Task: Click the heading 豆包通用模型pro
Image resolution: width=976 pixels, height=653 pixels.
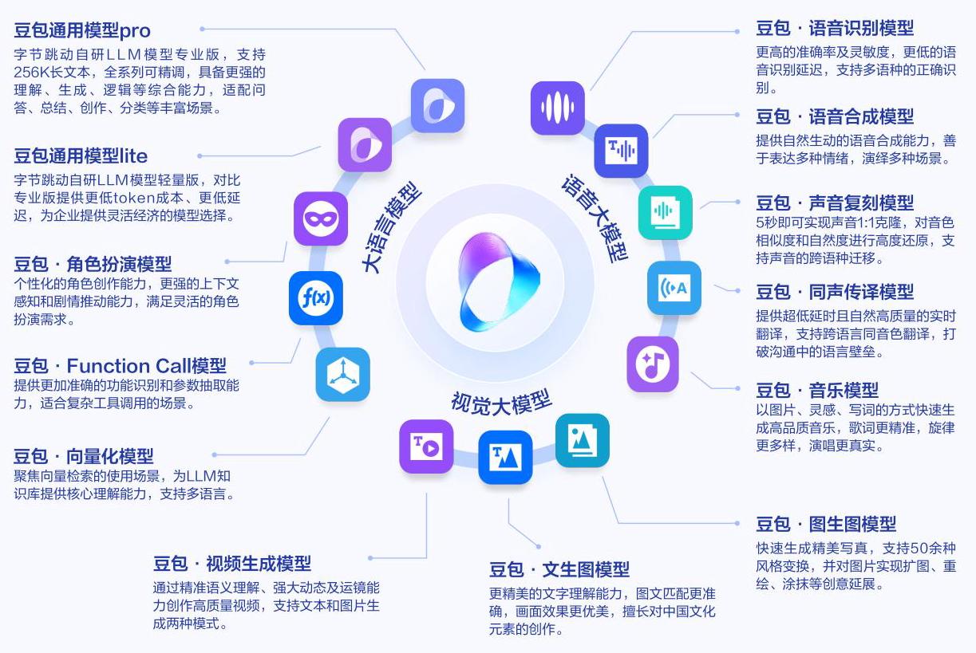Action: [82, 31]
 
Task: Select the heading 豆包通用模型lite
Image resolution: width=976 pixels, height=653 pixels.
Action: [81, 155]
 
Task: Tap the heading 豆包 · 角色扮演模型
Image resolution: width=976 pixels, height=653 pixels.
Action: [93, 264]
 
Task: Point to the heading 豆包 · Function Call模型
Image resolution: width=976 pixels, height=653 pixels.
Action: [120, 366]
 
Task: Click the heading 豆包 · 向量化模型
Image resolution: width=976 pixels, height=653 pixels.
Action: [84, 456]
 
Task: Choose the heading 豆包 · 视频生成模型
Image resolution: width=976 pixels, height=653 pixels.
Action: [232, 564]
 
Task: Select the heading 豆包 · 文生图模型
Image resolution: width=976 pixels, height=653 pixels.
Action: [559, 569]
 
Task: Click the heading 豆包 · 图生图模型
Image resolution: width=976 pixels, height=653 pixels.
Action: [826, 524]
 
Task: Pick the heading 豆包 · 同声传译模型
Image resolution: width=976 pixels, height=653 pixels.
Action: [835, 292]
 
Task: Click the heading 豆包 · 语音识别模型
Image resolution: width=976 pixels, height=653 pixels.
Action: [835, 28]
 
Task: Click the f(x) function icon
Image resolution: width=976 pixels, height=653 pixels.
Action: [316, 298]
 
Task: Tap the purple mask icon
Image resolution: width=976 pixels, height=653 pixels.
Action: [321, 218]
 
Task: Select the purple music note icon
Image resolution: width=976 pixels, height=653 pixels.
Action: [653, 364]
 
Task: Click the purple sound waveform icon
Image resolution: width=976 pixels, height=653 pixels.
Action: [558, 108]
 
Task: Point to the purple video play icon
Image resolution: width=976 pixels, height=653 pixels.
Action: [426, 446]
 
